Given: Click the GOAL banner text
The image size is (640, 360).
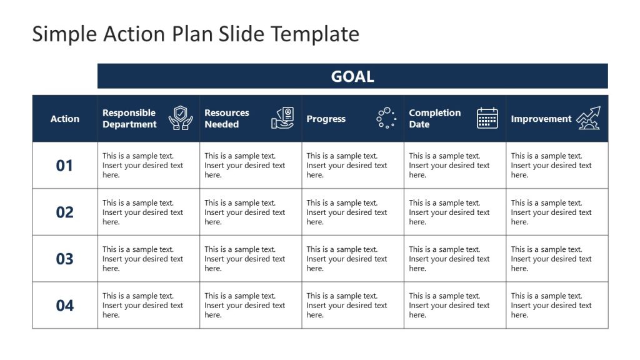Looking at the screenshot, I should click(x=352, y=76).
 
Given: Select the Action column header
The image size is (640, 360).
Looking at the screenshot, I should click(x=65, y=119).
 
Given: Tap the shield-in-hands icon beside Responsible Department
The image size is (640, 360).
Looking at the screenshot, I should click(x=181, y=118).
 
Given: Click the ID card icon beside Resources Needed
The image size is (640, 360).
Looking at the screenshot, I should click(x=282, y=118).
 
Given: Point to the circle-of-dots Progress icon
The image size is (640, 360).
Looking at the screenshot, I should click(x=386, y=118).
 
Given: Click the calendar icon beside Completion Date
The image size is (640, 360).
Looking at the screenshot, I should click(x=487, y=118).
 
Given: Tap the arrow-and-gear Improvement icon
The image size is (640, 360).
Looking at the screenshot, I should click(x=588, y=118).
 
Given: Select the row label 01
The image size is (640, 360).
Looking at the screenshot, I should click(x=65, y=166).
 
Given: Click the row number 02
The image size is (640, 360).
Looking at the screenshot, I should click(x=65, y=212).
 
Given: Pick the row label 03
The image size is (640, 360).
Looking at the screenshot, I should click(x=65, y=259).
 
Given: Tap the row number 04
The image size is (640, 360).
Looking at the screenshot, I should click(x=65, y=306).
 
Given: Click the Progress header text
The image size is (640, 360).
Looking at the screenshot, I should click(x=326, y=119).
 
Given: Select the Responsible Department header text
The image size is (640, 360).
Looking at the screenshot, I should click(x=129, y=119).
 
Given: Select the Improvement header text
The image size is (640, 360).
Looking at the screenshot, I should click(x=541, y=119).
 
